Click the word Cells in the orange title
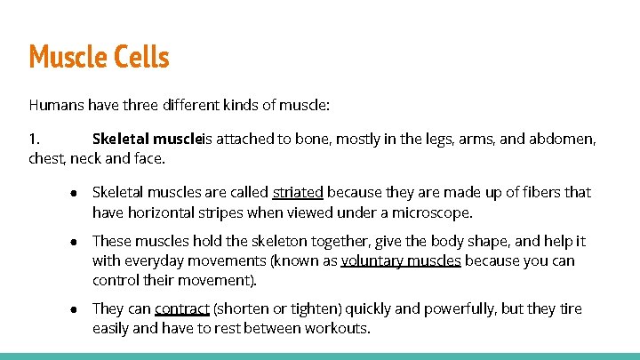[x=139, y=57]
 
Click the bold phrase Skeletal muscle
[x=148, y=140]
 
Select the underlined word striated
[x=298, y=192]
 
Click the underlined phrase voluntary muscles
[x=401, y=260]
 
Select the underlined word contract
[x=181, y=309]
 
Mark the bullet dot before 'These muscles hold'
[x=77, y=241]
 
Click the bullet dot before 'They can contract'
[x=77, y=309]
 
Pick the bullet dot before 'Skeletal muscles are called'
[x=77, y=192]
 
